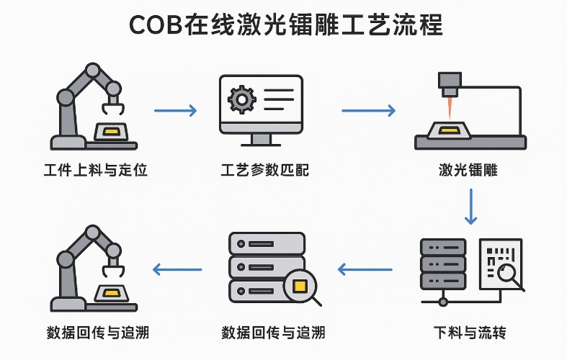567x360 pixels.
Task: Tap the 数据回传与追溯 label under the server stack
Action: pos(273,333)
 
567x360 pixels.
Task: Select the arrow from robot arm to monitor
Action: pos(175,110)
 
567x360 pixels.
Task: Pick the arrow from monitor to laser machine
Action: pos(368,110)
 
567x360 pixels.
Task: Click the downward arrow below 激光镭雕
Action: pos(470,207)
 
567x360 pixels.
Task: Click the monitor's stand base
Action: pos(261,141)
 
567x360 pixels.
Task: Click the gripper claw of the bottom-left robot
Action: pos(114,271)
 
